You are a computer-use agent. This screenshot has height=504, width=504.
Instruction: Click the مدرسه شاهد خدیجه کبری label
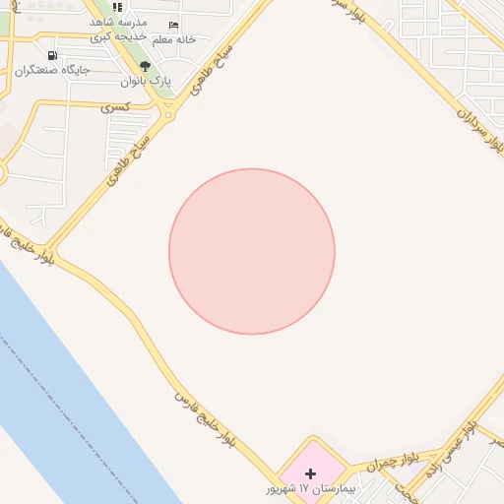click(117, 29)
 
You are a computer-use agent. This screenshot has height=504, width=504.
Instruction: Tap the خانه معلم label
click(174, 39)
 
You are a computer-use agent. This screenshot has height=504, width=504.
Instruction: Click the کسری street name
click(117, 104)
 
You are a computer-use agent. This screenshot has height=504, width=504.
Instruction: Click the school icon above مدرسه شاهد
click(117, 8)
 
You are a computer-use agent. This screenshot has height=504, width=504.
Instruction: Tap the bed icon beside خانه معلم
click(174, 26)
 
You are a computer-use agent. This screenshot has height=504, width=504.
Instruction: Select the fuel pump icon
click(51, 56)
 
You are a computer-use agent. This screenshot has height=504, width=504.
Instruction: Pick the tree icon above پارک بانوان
click(145, 67)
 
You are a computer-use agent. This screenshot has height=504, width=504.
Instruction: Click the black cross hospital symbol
click(311, 473)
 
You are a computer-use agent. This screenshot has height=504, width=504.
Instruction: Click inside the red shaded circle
click(252, 252)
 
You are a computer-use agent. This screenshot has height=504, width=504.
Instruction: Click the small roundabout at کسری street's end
click(168, 116)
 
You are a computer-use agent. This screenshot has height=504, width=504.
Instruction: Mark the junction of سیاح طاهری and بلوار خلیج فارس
click(50, 248)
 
